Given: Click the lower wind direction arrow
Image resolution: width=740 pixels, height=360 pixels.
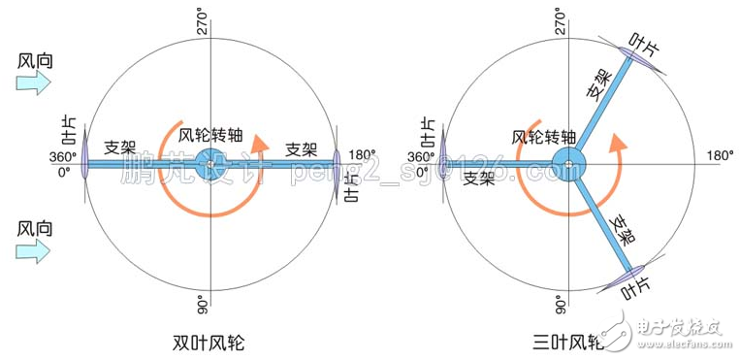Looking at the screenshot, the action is coord(34,253).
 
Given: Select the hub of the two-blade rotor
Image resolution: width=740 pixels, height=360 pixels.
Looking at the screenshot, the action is coord(209,164).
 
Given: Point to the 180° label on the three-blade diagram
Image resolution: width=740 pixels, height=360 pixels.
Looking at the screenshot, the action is coord(720,155).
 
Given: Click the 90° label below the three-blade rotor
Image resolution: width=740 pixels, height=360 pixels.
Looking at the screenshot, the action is coord(561,305).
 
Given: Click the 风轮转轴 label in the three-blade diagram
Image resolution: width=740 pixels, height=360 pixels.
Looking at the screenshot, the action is coord(543,137).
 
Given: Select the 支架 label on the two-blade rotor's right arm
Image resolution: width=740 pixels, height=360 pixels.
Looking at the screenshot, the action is coord(302,148).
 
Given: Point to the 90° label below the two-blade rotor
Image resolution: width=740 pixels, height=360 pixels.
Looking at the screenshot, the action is coord(203,304).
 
